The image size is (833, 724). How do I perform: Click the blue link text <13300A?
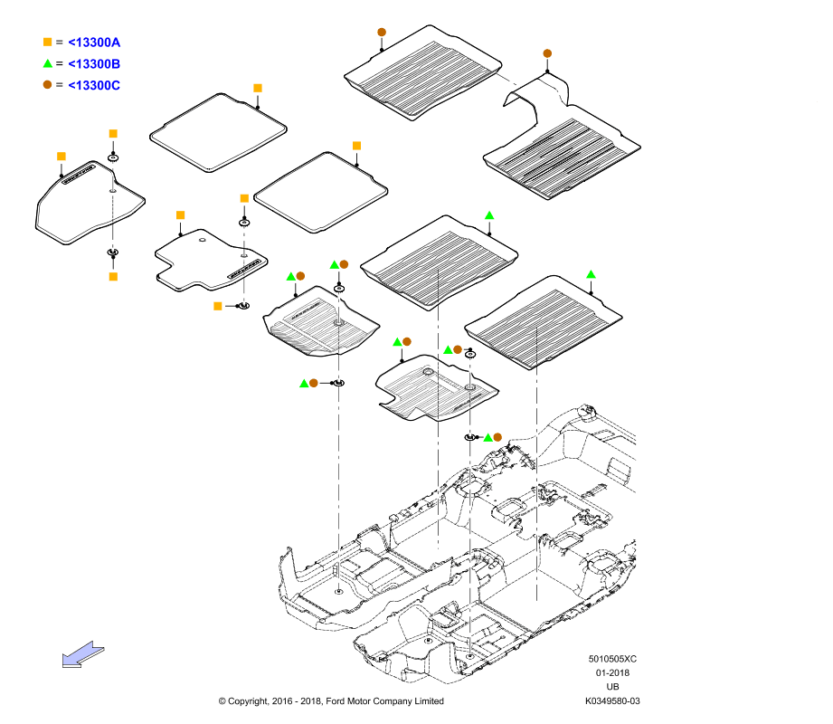tap(94, 43)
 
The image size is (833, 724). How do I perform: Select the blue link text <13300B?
tap(94, 63)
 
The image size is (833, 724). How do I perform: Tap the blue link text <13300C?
tap(94, 85)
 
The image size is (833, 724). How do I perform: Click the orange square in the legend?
tap(47, 42)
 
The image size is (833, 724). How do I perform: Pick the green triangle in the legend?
tap(47, 63)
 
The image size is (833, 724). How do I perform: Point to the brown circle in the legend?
tap(47, 84)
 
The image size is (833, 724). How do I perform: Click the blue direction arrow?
tap(83, 653)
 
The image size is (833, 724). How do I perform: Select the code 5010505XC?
tap(612, 659)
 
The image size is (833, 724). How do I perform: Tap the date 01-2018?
tap(612, 673)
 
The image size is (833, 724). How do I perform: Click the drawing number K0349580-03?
tap(612, 701)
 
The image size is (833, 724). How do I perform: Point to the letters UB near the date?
tap(612, 687)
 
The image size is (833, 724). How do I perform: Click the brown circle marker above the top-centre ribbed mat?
tap(382, 32)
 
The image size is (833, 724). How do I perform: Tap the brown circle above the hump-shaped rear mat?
tap(547, 53)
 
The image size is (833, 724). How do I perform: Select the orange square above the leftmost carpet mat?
tap(62, 157)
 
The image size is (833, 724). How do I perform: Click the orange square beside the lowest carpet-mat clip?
tap(217, 306)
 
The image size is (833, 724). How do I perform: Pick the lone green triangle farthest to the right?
tap(591, 274)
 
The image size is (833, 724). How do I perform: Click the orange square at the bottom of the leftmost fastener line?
tap(113, 276)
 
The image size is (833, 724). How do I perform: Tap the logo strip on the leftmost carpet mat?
tap(79, 175)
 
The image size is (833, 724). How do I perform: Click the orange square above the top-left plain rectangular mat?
tap(258, 89)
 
